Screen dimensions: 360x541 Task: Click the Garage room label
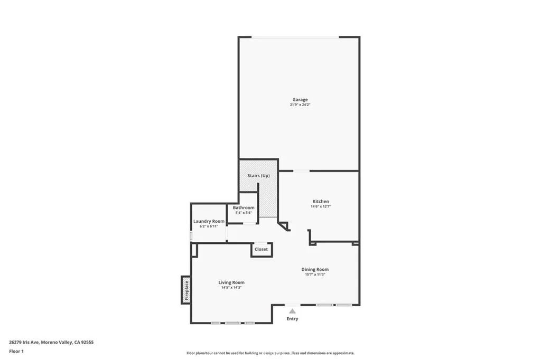tap(300, 100)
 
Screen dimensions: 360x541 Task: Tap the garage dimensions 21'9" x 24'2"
tap(300, 105)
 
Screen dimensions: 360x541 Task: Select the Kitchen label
tap(321, 202)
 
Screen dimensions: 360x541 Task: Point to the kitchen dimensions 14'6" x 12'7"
tap(321, 207)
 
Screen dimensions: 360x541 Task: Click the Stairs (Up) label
tap(258, 176)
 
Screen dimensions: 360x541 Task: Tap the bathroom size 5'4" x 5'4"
tap(244, 213)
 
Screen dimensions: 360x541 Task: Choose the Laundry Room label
tap(209, 221)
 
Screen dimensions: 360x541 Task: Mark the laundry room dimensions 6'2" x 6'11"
tap(209, 226)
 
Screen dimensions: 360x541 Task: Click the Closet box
tap(262, 249)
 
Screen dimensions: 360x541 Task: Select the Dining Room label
tap(315, 270)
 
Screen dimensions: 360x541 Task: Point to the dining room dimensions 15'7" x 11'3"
tap(315, 274)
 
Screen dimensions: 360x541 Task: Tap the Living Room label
tap(231, 282)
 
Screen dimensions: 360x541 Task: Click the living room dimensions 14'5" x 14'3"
tap(231, 288)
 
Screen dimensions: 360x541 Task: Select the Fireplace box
tap(186, 290)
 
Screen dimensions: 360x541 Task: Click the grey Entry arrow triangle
tap(292, 311)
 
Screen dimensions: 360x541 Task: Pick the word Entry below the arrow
tap(292, 319)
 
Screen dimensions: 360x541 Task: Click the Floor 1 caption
tap(16, 351)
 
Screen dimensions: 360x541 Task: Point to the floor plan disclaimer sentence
tap(270, 353)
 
